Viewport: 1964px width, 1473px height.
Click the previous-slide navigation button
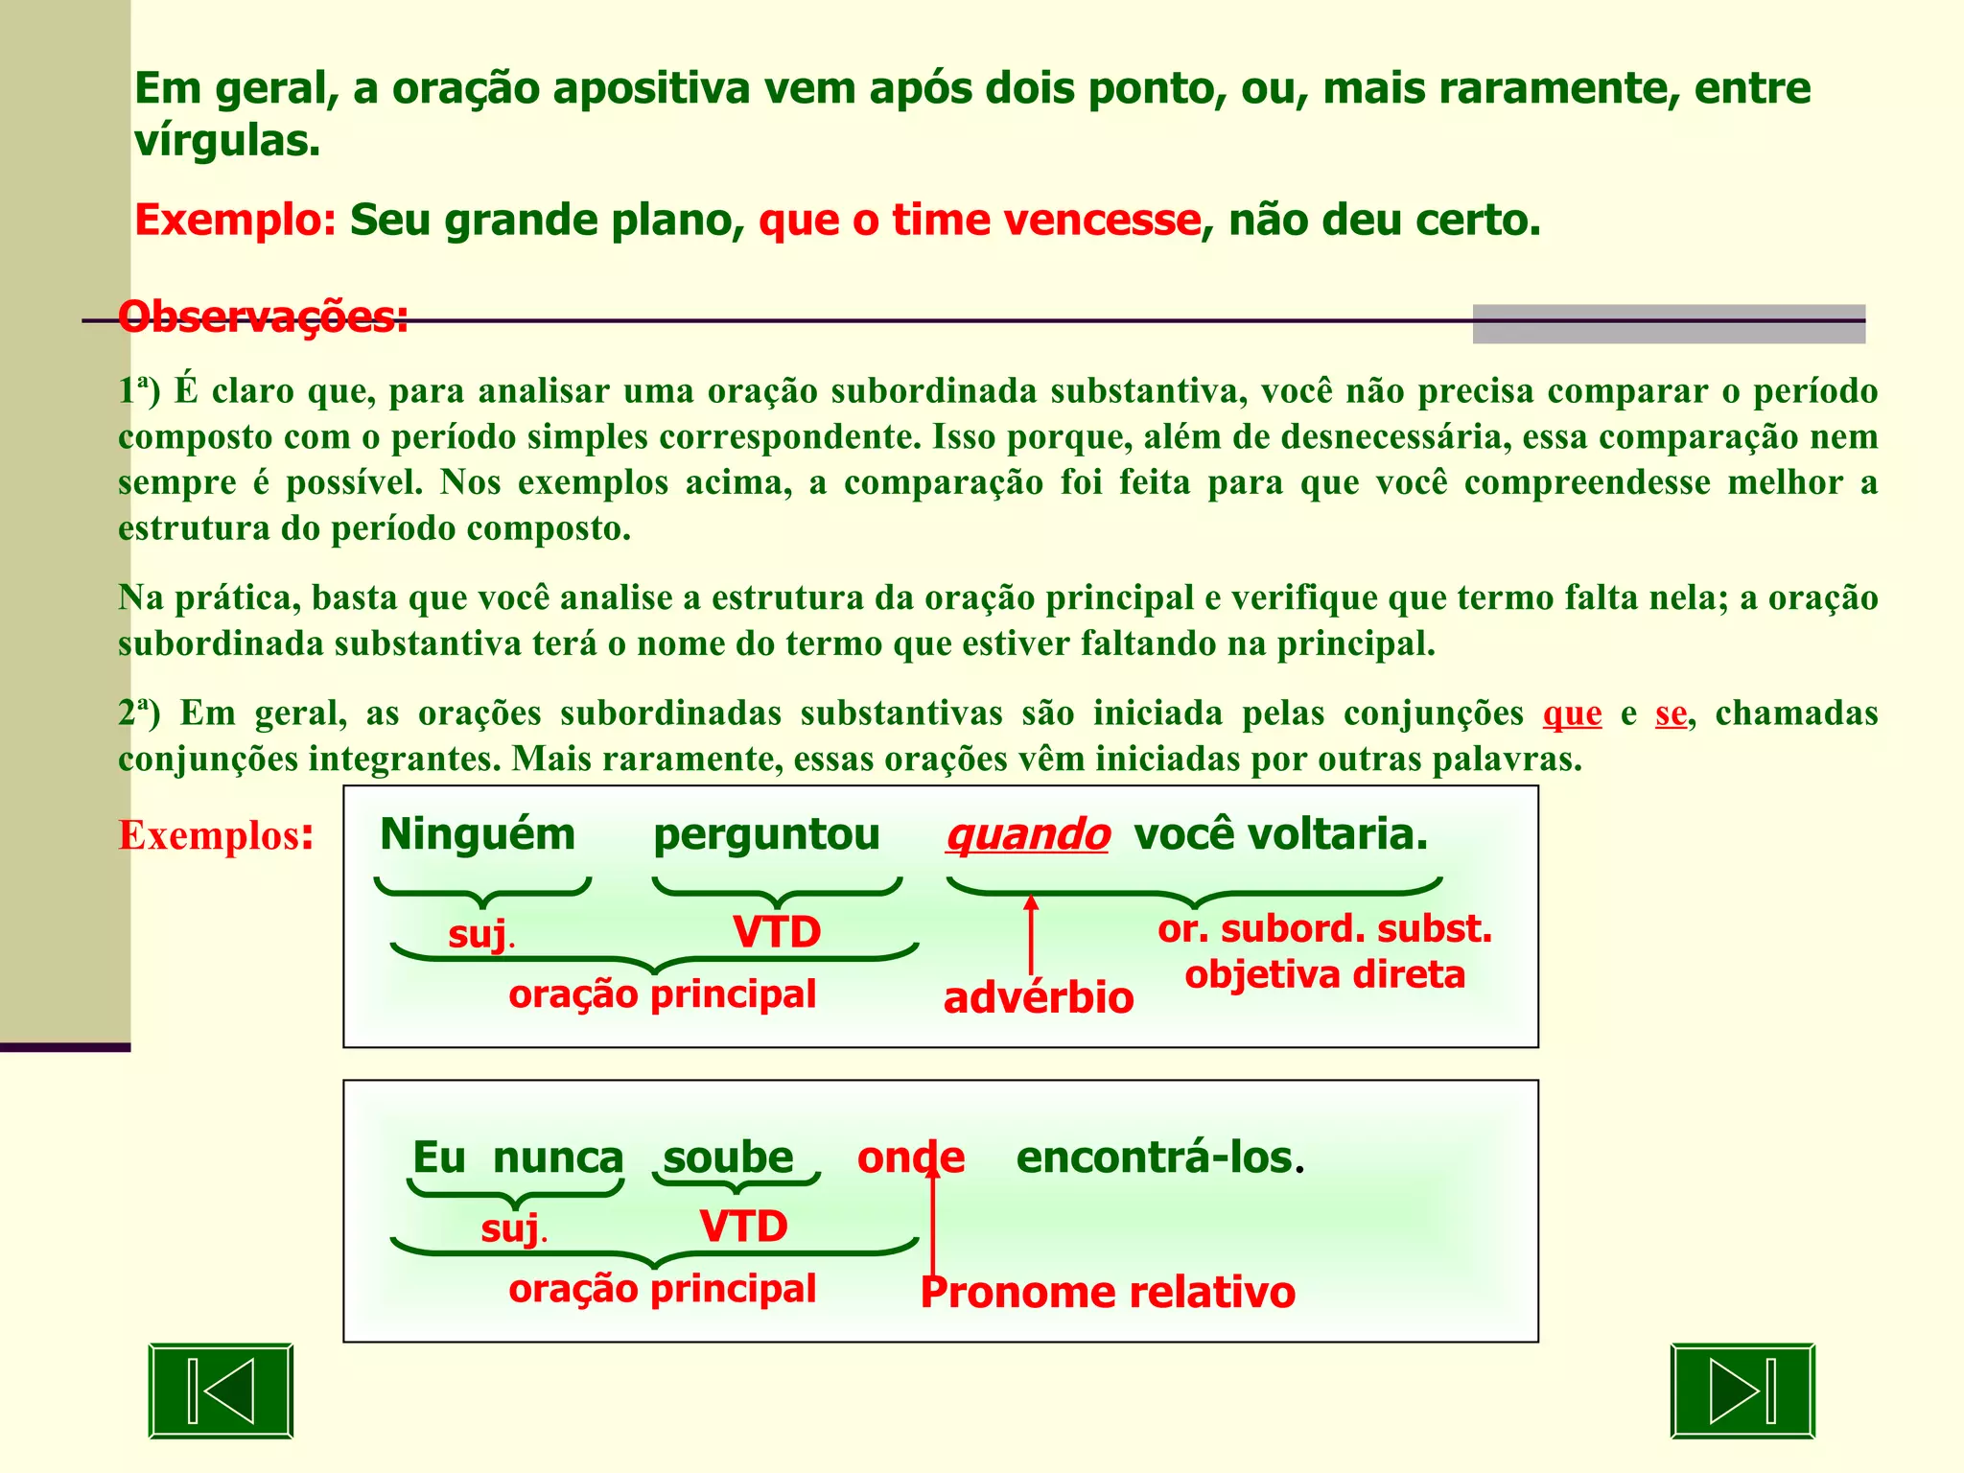(x=221, y=1391)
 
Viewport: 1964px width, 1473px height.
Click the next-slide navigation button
(x=1742, y=1391)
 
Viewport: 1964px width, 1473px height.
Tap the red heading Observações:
(x=264, y=317)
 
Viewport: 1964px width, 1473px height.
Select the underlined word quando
(x=1027, y=834)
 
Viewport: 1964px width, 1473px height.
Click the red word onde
(x=910, y=1157)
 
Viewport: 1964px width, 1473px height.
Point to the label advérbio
(x=1038, y=998)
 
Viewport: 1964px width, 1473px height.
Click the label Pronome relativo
(x=1108, y=1293)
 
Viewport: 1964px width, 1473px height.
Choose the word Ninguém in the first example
(x=478, y=834)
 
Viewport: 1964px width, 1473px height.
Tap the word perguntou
(x=766, y=834)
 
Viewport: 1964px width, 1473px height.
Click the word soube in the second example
(x=729, y=1157)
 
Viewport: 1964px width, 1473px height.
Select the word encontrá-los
(x=1155, y=1157)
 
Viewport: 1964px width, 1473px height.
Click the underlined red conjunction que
(x=1572, y=714)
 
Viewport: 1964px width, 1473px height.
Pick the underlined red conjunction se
(x=1671, y=714)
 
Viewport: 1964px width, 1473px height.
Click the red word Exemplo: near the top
(x=235, y=221)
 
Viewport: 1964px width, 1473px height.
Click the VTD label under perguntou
(x=777, y=932)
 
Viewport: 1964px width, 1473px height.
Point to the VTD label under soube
(x=743, y=1227)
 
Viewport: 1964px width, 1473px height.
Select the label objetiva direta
(x=1324, y=975)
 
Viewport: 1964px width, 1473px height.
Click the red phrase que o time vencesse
(x=979, y=221)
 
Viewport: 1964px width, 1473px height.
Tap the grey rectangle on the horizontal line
(x=1669, y=324)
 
